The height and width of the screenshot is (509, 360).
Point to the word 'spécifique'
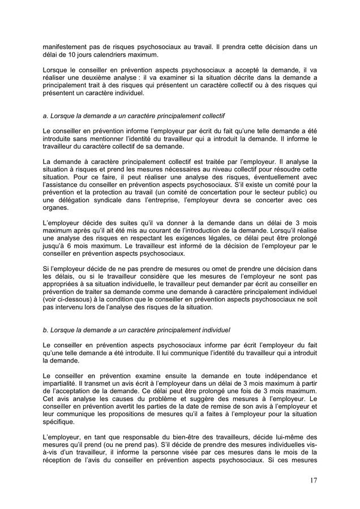click(x=61, y=421)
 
